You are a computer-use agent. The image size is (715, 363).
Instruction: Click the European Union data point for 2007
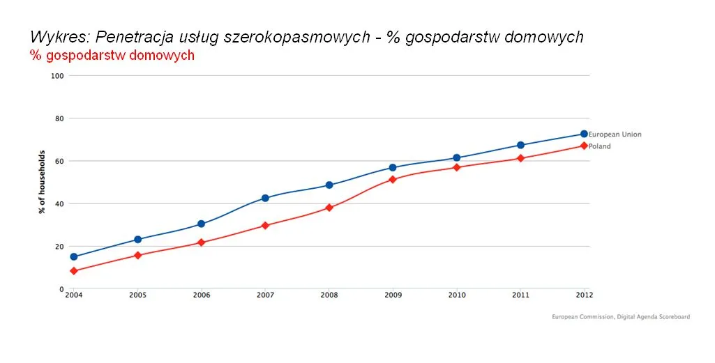pyautogui.click(x=265, y=198)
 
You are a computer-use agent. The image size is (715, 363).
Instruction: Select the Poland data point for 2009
pyautogui.click(x=393, y=179)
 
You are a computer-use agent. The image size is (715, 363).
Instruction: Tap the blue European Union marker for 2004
pyautogui.click(x=74, y=256)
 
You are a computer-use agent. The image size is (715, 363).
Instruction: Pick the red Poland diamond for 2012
pyautogui.click(x=583, y=146)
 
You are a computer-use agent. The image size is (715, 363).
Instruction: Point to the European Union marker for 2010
pyautogui.click(x=456, y=158)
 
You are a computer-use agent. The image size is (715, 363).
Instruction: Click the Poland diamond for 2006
pyautogui.click(x=201, y=242)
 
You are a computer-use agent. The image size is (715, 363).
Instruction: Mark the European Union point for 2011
pyautogui.click(x=520, y=145)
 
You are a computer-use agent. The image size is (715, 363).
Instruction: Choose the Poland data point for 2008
pyautogui.click(x=329, y=208)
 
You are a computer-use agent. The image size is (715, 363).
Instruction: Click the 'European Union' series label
pyautogui.click(x=615, y=134)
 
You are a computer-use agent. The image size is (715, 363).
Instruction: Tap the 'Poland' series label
pyautogui.click(x=599, y=146)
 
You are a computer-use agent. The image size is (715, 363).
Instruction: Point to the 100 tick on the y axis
pyautogui.click(x=57, y=75)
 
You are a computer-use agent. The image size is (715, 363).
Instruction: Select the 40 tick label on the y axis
pyautogui.click(x=59, y=203)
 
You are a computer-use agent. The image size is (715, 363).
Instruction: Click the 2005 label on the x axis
pyautogui.click(x=137, y=295)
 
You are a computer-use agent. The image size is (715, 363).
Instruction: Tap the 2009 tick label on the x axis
pyautogui.click(x=393, y=295)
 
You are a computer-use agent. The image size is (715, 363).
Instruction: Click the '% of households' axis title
pyautogui.click(x=43, y=182)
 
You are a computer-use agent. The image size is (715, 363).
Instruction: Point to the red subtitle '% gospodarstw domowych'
pyautogui.click(x=112, y=56)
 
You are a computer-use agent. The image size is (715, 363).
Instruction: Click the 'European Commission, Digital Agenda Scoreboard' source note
pyautogui.click(x=620, y=317)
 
